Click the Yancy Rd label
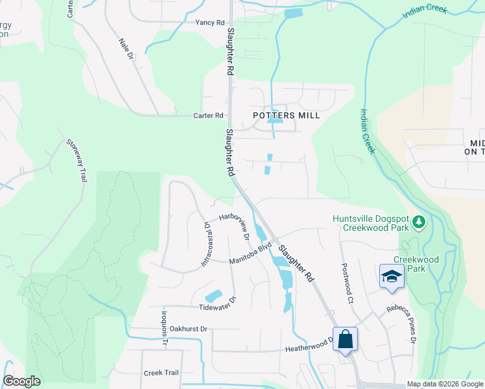(209, 22)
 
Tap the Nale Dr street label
(125, 50)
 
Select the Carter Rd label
(208, 115)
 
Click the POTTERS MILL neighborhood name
(286, 115)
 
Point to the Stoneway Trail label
(76, 160)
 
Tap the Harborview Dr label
(235, 225)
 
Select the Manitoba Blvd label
(250, 253)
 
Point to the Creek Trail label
(161, 373)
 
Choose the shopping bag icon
(345, 339)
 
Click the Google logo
(21, 381)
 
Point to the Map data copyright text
(444, 384)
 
